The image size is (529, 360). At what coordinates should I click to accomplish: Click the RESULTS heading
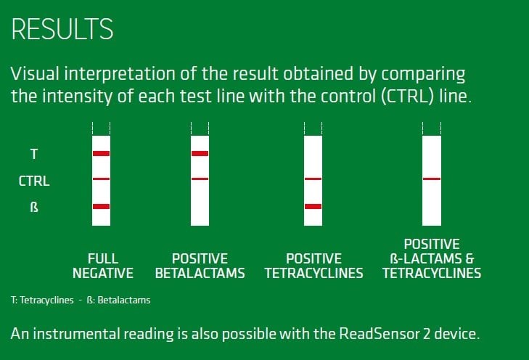(62, 29)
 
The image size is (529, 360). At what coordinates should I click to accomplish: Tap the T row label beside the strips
(34, 154)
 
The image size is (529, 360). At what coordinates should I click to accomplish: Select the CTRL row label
(34, 181)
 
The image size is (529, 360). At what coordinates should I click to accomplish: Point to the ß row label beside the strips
(34, 207)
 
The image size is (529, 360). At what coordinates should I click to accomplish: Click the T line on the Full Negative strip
(101, 154)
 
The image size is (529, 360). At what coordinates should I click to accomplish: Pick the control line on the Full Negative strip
(101, 179)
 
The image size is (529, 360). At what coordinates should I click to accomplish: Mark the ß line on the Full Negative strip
(101, 206)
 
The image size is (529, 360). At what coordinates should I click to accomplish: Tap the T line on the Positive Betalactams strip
(200, 154)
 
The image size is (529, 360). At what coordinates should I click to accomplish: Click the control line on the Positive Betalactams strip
(200, 179)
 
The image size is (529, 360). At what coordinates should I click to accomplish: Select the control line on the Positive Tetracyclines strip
(313, 179)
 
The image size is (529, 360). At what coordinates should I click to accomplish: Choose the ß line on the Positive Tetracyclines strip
(313, 206)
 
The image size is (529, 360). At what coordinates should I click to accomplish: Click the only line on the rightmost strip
(432, 179)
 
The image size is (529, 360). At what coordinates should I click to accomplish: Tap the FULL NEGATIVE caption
(103, 266)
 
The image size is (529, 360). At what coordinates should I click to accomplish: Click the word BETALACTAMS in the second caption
(200, 274)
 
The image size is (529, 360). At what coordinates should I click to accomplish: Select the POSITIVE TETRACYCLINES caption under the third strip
(313, 266)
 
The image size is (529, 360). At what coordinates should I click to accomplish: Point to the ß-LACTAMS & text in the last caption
(432, 259)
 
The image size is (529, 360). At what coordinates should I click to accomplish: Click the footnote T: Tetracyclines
(42, 300)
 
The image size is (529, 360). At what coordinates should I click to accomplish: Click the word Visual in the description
(35, 73)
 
